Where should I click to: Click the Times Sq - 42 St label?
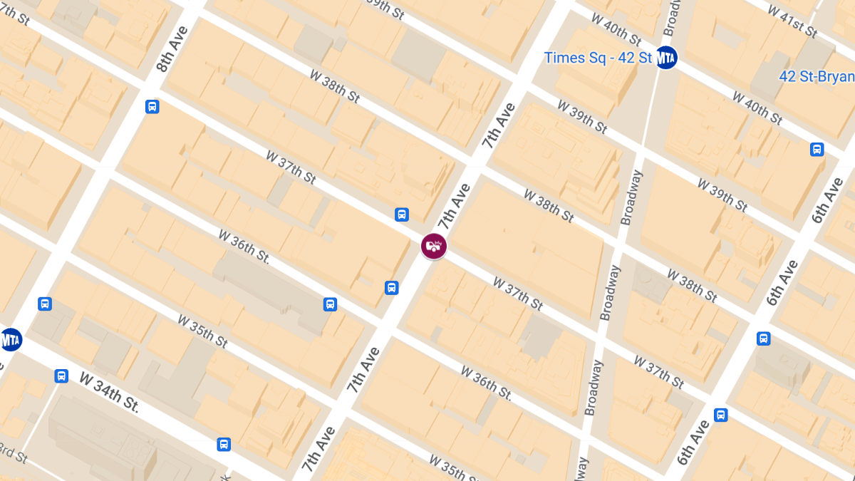pyautogui.click(x=598, y=58)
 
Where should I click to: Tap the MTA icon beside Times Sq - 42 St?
pyautogui.click(x=665, y=58)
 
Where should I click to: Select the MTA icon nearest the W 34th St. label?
pyautogui.click(x=10, y=339)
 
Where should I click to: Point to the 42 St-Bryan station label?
pyautogui.click(x=817, y=76)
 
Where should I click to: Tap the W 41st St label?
pyautogui.click(x=793, y=19)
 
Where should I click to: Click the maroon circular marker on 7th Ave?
pyautogui.click(x=433, y=247)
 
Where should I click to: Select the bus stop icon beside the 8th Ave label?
pyautogui.click(x=152, y=107)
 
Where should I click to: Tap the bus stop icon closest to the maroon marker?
pyautogui.click(x=401, y=214)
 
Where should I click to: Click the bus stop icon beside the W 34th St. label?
pyautogui.click(x=62, y=376)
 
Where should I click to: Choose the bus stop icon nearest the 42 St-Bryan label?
pyautogui.click(x=817, y=150)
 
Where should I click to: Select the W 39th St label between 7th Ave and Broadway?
pyautogui.click(x=582, y=117)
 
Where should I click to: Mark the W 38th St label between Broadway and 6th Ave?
pyautogui.click(x=692, y=285)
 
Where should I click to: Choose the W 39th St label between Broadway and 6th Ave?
pyautogui.click(x=722, y=195)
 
